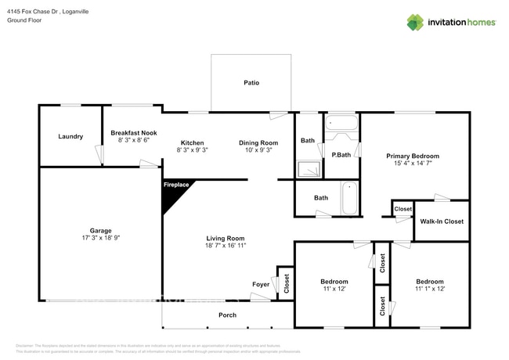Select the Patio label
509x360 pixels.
(x=251, y=82)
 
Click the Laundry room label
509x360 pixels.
(x=70, y=137)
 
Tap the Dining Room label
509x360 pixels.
(x=258, y=142)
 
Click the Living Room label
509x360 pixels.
(x=226, y=238)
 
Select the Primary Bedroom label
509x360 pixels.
(x=413, y=156)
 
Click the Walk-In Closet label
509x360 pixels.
(x=442, y=221)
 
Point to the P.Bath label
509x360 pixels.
(x=341, y=153)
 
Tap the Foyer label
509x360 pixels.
(x=260, y=284)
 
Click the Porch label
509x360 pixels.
(x=227, y=315)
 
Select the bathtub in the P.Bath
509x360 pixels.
(x=341, y=123)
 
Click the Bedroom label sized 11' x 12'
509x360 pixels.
(x=334, y=282)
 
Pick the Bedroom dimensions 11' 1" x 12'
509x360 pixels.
(x=429, y=289)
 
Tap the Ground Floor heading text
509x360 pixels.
(x=23, y=21)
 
